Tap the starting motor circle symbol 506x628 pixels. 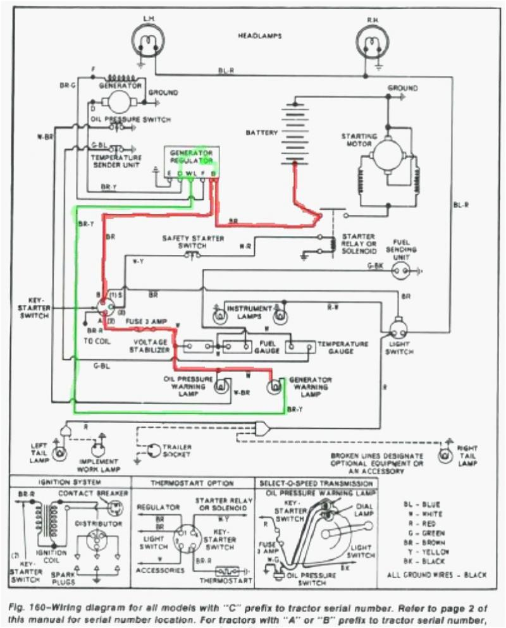(x=387, y=155)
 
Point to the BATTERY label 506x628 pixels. (x=261, y=133)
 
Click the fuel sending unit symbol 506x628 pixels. (x=400, y=271)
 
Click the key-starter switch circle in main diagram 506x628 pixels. (x=104, y=307)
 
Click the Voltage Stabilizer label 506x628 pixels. (x=149, y=345)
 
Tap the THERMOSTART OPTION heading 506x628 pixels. (x=192, y=483)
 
